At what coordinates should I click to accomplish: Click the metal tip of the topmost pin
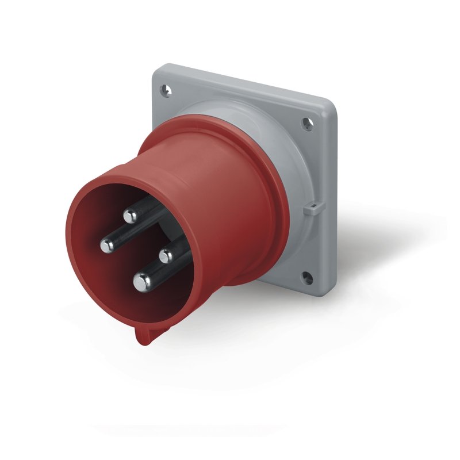pyautogui.click(x=129, y=216)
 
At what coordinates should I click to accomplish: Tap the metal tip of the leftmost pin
pyautogui.click(x=107, y=246)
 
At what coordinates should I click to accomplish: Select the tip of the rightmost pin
pyautogui.click(x=167, y=255)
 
